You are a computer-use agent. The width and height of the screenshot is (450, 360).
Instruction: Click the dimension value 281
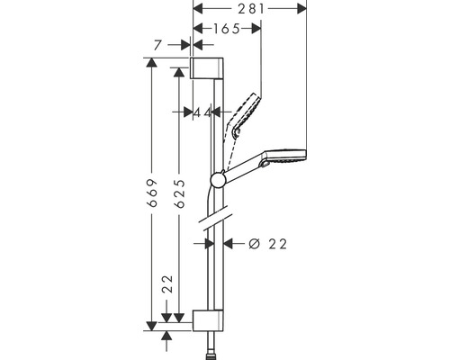[251, 9]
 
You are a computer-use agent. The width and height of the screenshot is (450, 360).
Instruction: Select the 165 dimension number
[227, 29]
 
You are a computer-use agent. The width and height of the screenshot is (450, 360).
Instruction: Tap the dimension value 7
[158, 45]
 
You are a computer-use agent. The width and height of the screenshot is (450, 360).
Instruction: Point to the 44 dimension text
[202, 112]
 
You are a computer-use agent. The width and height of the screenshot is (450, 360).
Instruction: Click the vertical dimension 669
[153, 193]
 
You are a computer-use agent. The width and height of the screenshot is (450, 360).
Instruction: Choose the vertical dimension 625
[180, 193]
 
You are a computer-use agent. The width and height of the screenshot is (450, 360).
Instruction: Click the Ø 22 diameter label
[268, 244]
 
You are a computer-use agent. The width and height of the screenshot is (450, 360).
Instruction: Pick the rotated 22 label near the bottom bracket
[168, 284]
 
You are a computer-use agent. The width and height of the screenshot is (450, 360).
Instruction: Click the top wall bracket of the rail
[206, 67]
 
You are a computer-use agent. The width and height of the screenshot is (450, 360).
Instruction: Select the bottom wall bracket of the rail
[208, 320]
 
